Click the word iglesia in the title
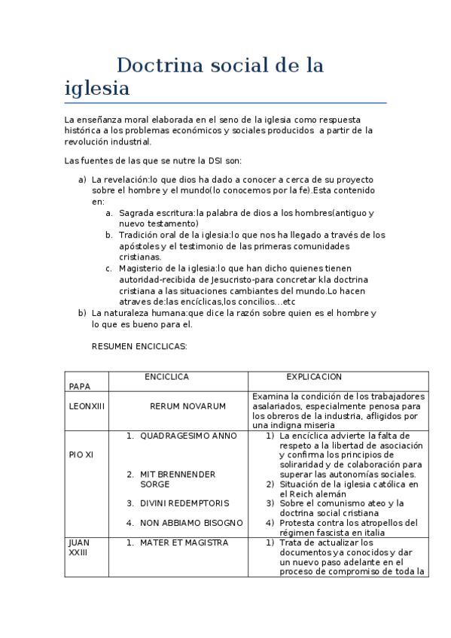(97, 89)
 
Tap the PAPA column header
(79, 386)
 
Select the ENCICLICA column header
(166, 377)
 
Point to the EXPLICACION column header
(313, 377)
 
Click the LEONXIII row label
(87, 406)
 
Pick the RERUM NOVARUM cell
(187, 406)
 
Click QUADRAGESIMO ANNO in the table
(188, 436)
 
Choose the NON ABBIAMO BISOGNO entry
(191, 522)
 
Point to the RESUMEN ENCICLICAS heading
(139, 347)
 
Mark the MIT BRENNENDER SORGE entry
(178, 479)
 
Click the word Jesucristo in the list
(225, 279)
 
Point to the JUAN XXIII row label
(78, 547)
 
